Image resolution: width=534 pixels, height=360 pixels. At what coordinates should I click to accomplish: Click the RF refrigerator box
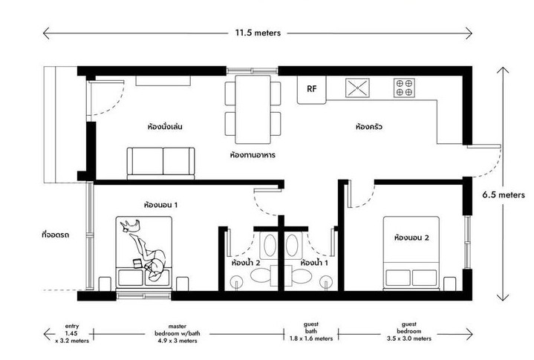[x=312, y=90]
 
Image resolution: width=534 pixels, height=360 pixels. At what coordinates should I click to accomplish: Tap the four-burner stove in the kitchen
[x=404, y=88]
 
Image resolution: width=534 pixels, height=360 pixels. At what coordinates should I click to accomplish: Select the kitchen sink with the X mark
[x=357, y=88]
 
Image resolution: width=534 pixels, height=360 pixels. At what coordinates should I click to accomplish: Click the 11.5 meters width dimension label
[x=258, y=33]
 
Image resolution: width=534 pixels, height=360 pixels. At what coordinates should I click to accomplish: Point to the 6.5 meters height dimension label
[x=504, y=195]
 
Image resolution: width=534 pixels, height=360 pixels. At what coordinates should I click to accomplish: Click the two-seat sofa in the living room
[x=160, y=163]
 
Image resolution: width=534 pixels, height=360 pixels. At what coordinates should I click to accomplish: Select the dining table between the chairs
[x=253, y=109]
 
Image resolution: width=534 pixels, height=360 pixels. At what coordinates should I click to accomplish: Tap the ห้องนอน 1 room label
[x=160, y=205]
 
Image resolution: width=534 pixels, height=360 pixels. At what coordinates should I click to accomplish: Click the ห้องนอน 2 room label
[x=411, y=238]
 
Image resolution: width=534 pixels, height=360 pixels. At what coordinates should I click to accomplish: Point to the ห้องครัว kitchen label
[x=369, y=127]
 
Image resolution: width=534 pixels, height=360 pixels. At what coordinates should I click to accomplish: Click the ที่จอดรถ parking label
[x=56, y=235]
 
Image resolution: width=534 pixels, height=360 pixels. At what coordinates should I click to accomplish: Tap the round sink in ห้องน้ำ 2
[x=236, y=281]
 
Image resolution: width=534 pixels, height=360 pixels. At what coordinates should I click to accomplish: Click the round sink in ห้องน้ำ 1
[x=326, y=281]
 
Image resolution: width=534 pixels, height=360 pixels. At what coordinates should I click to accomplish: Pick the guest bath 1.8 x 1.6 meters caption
[x=311, y=331]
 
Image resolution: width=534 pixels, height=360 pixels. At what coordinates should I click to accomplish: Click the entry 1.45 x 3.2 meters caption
[x=72, y=333]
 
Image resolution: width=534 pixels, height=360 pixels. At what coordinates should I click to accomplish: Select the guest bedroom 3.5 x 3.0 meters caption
[x=409, y=331]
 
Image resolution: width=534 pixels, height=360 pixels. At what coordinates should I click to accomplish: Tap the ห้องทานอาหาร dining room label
[x=253, y=155]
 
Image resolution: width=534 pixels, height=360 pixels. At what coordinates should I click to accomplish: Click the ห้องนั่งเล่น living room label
[x=165, y=127]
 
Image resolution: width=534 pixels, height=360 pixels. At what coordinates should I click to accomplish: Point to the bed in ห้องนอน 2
[x=411, y=253]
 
